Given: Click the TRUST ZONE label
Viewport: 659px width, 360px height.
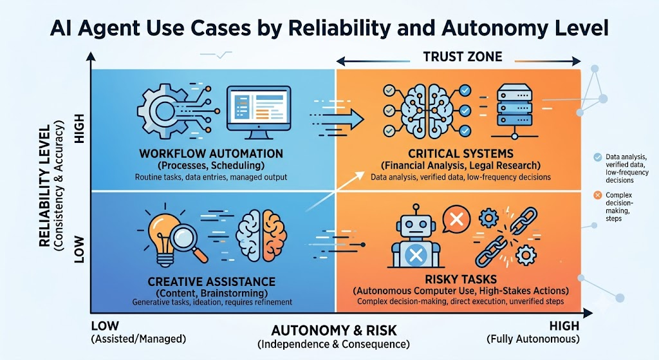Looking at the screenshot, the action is pos(462,57).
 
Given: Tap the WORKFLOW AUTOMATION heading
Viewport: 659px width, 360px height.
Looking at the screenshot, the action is pos(211,153).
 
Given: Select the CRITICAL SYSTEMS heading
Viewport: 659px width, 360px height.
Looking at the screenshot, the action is pos(461,153).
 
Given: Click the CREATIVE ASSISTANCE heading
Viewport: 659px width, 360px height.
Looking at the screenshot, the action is pos(211,281).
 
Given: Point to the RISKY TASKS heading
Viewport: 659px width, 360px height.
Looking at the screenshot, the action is pos(461,279).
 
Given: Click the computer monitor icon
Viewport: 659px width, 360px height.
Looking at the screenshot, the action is pos(259,112).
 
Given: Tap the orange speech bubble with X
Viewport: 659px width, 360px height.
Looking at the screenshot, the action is pos(456,219).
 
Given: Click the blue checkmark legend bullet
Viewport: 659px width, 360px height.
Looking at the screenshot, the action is pos(597,157).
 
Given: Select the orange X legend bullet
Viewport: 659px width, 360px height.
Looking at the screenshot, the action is pos(597,195).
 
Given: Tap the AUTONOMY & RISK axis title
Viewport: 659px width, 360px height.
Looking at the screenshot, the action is pos(334,330).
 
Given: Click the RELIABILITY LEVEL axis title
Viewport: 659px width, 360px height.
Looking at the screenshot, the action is pos(44,185).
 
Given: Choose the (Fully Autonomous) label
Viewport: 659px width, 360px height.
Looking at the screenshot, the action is pos(533,339).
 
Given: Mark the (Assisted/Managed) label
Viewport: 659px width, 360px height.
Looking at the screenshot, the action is pos(138,339).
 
